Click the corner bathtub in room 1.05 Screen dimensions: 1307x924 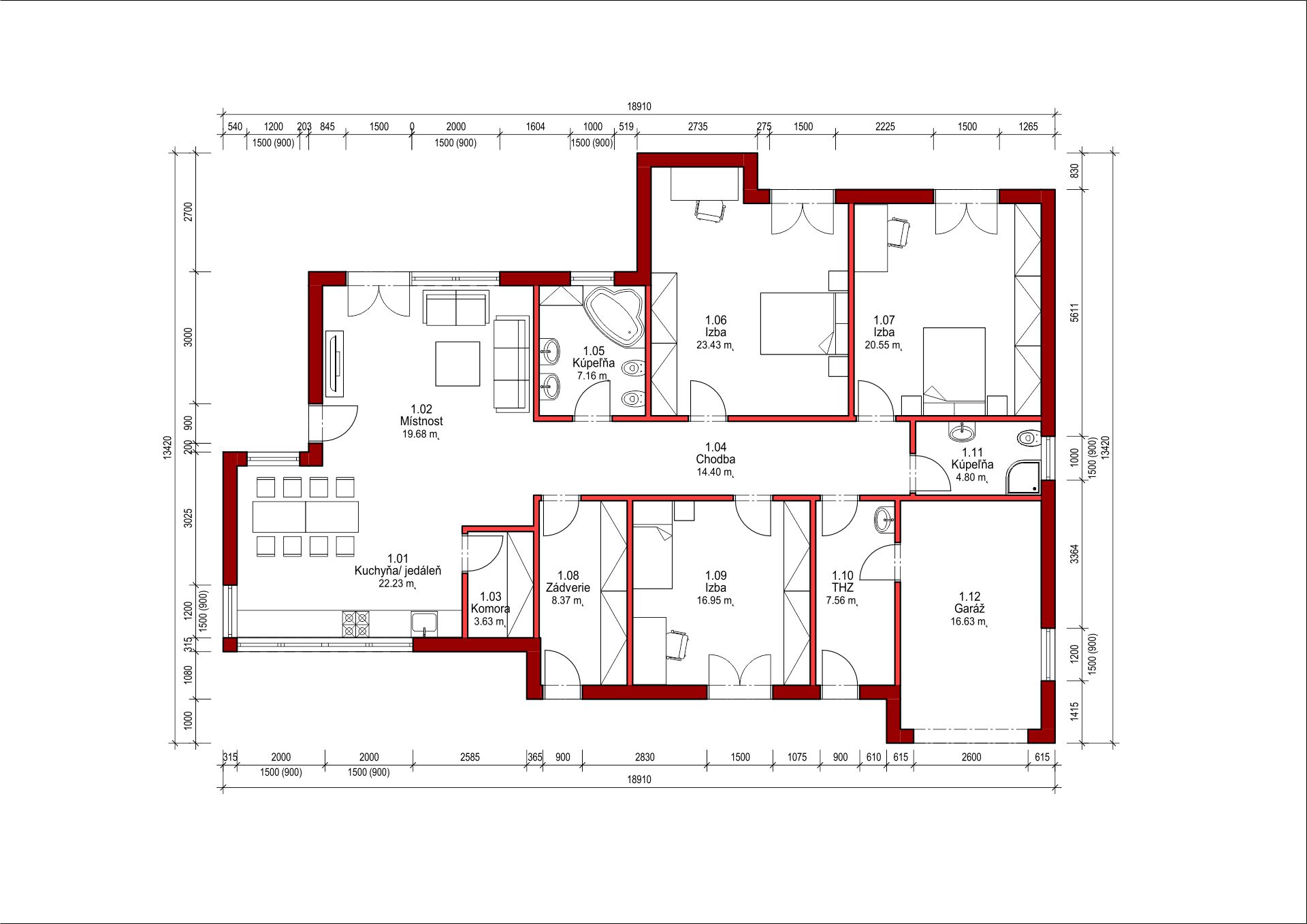[614, 316]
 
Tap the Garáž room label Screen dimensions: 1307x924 [969, 609]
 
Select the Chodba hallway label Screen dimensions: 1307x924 [715, 459]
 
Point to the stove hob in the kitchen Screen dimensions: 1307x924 [355, 624]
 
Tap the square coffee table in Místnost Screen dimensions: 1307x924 [457, 364]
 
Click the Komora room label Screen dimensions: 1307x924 [490, 609]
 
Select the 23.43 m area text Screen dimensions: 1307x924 [714, 345]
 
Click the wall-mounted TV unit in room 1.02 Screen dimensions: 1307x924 [334, 363]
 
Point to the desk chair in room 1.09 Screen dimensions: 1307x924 [677, 644]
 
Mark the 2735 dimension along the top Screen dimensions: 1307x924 [698, 127]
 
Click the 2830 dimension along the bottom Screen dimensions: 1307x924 [645, 757]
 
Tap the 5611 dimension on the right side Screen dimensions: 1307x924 [1074, 312]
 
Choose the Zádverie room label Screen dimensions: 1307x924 [568, 588]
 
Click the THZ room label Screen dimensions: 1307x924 [842, 588]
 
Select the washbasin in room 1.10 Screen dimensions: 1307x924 [884, 519]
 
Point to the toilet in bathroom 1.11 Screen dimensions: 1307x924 [1029, 438]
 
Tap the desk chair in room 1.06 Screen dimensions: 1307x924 [710, 211]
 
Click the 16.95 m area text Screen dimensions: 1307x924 [714, 601]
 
